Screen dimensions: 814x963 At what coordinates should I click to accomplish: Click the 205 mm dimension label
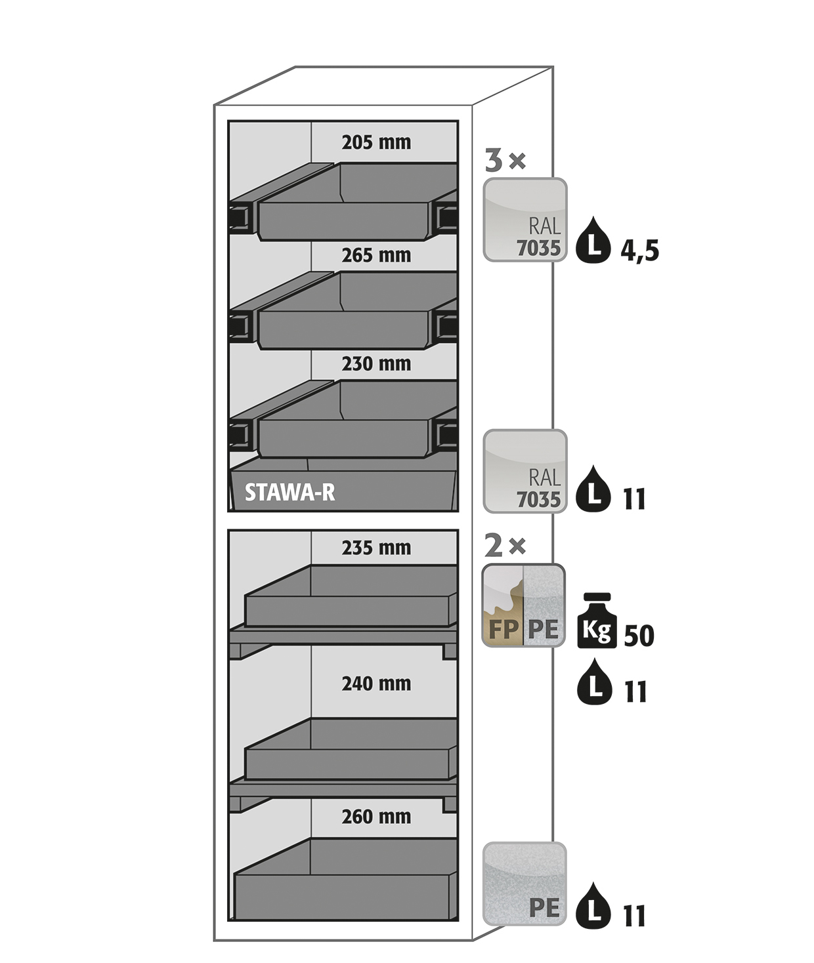[376, 142]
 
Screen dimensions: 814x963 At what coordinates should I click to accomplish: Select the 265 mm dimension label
[376, 255]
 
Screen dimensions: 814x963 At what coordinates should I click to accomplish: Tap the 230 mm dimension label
[376, 364]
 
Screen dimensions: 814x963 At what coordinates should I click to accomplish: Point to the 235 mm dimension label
[376, 548]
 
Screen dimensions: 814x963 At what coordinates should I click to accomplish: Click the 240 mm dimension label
[376, 684]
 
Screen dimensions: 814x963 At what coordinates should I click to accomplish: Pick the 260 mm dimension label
[376, 817]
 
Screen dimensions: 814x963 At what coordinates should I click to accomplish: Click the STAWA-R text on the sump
[289, 493]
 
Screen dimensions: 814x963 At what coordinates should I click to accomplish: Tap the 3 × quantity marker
[505, 161]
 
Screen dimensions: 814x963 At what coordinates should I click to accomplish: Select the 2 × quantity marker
[505, 546]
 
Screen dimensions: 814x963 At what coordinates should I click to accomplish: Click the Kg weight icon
[597, 621]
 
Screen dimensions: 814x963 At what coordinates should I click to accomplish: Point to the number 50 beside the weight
[639, 636]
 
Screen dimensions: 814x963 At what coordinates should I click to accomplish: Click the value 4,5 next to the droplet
[639, 251]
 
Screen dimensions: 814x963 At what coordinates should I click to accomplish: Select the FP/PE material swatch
[523, 605]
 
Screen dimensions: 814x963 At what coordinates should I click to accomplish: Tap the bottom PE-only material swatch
[525, 884]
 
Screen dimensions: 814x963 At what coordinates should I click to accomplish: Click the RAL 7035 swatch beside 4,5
[525, 220]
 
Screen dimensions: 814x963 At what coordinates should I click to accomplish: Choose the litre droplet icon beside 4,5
[593, 240]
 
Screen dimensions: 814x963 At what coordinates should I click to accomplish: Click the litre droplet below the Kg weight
[595, 681]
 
